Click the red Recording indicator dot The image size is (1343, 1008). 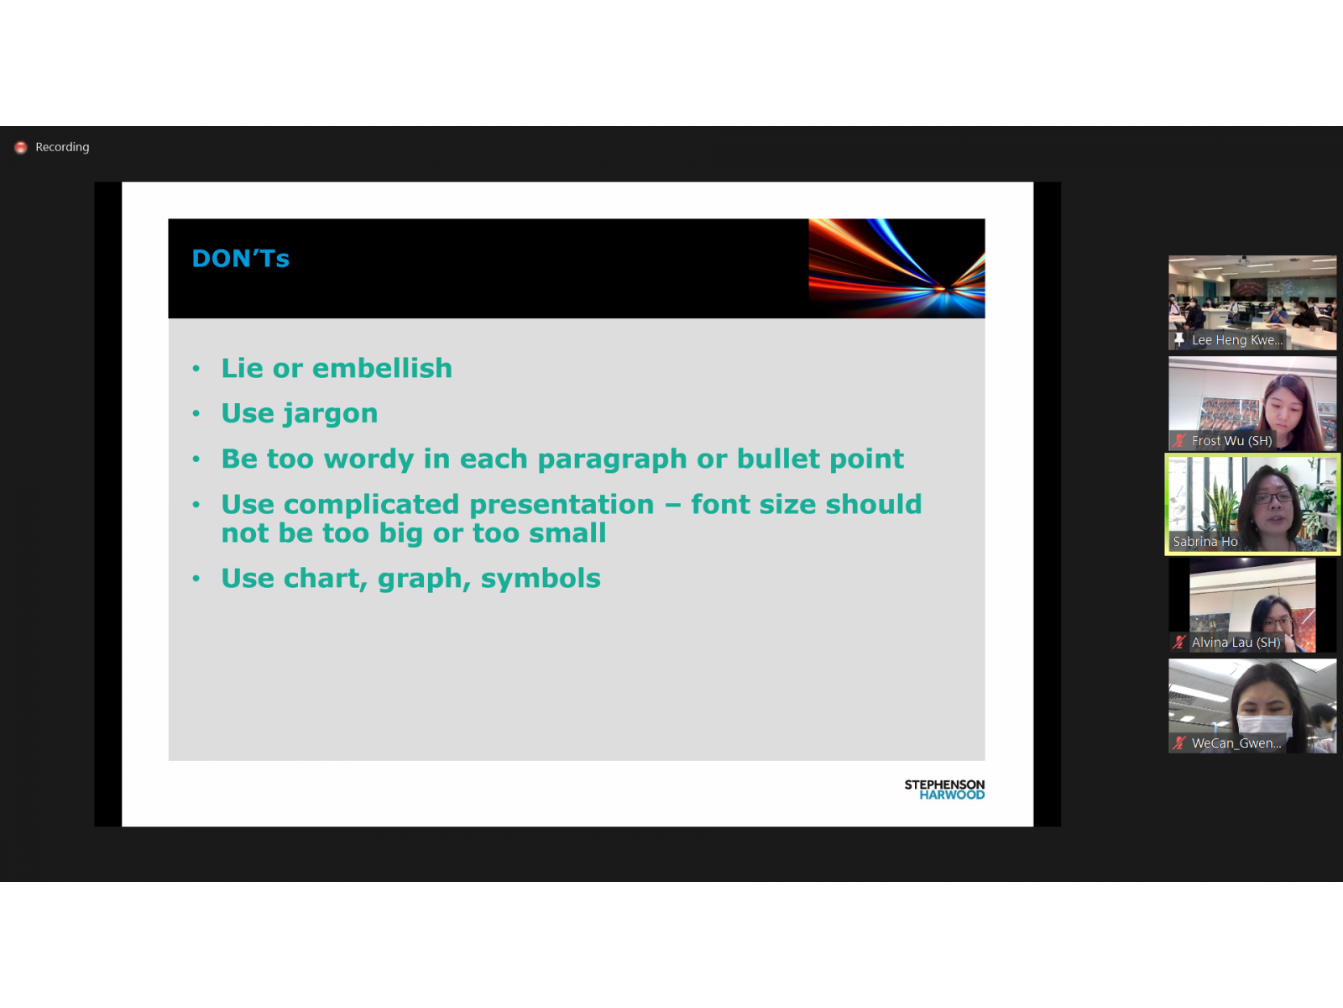21,148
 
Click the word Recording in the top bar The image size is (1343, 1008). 62,147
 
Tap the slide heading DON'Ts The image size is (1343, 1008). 240,258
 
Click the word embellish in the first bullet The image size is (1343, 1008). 383,368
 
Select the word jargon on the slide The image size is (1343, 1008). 331,414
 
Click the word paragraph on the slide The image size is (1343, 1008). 613,459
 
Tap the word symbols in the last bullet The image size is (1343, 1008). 541,579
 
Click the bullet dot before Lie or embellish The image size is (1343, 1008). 196,369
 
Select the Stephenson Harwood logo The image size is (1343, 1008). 944,790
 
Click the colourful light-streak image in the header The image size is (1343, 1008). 897,268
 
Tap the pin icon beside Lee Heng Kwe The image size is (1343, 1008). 1179,339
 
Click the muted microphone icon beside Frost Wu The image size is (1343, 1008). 1179,441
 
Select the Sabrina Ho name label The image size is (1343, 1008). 1205,542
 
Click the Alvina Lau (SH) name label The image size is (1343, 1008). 1236,643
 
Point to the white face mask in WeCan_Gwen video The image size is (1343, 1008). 1265,725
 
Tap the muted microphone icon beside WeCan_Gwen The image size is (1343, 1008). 1179,743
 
